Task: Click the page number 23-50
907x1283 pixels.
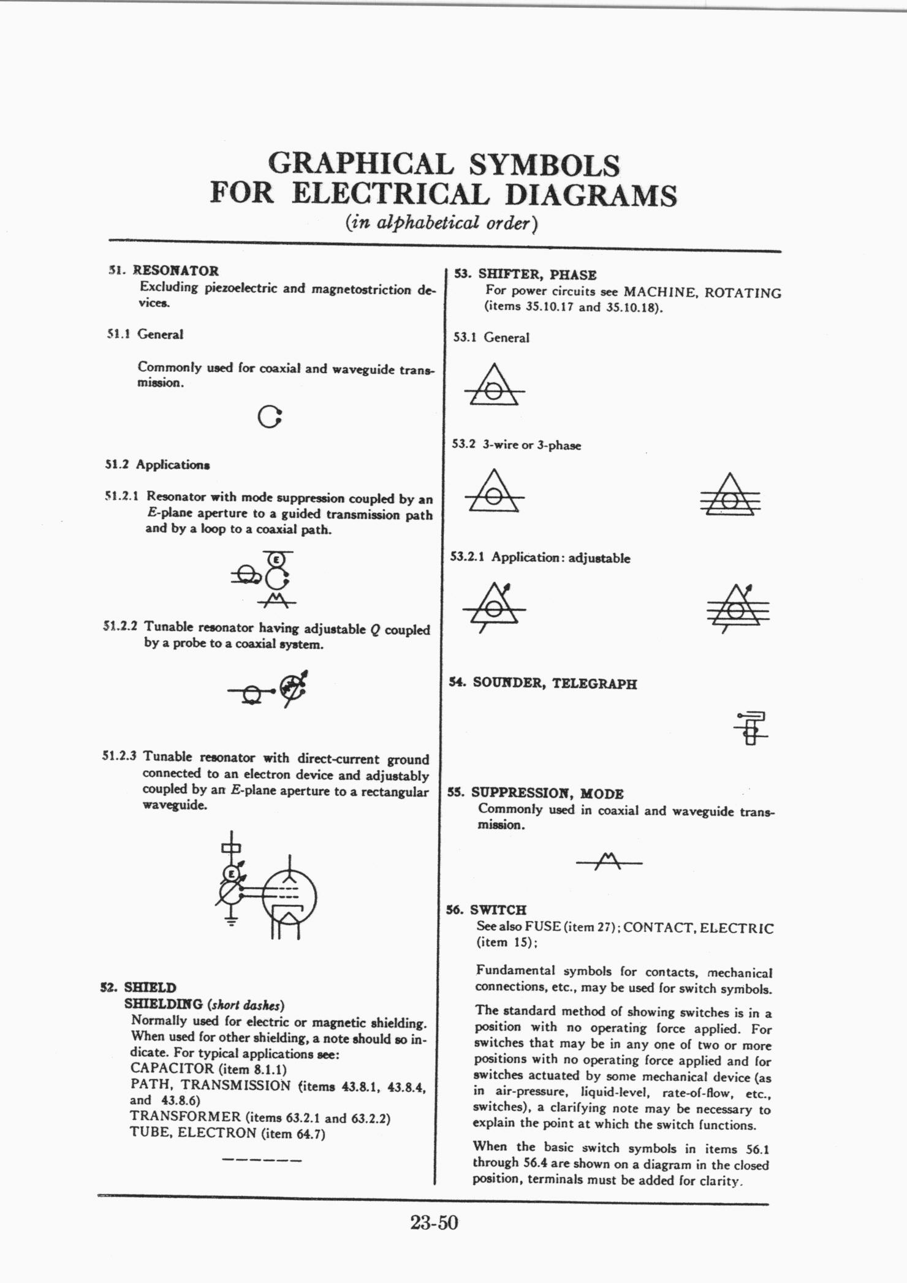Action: [x=434, y=1223]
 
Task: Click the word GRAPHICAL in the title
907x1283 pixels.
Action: [x=360, y=164]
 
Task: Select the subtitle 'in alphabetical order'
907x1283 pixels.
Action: [x=441, y=223]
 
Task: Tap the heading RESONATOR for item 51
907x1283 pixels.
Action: [x=176, y=271]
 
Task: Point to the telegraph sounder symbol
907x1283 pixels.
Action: [x=751, y=728]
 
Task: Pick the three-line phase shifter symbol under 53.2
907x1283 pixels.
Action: [x=729, y=495]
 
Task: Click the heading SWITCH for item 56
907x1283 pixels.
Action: [x=498, y=910]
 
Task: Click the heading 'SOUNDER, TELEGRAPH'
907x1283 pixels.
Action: [x=555, y=683]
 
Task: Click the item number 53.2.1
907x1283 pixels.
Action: [x=468, y=557]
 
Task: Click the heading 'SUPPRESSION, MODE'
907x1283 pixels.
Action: [x=547, y=793]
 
